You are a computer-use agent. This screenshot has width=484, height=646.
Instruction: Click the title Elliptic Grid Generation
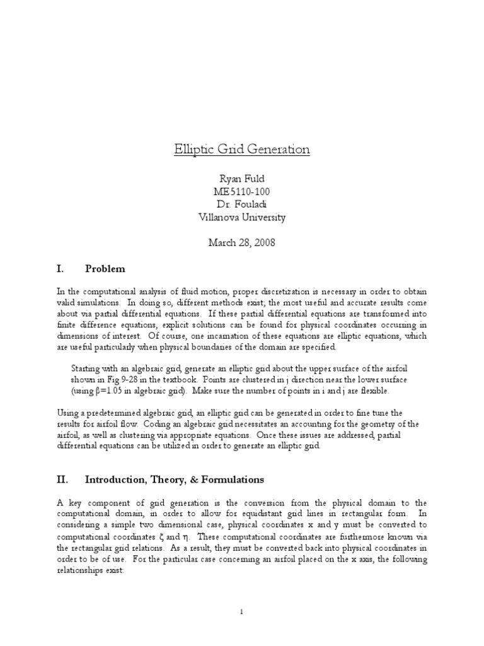coord(242,150)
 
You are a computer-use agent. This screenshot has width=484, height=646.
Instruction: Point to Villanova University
coord(242,217)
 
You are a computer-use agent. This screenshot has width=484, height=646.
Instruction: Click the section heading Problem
coord(105,269)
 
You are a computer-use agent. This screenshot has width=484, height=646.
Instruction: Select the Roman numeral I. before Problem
coord(60,269)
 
